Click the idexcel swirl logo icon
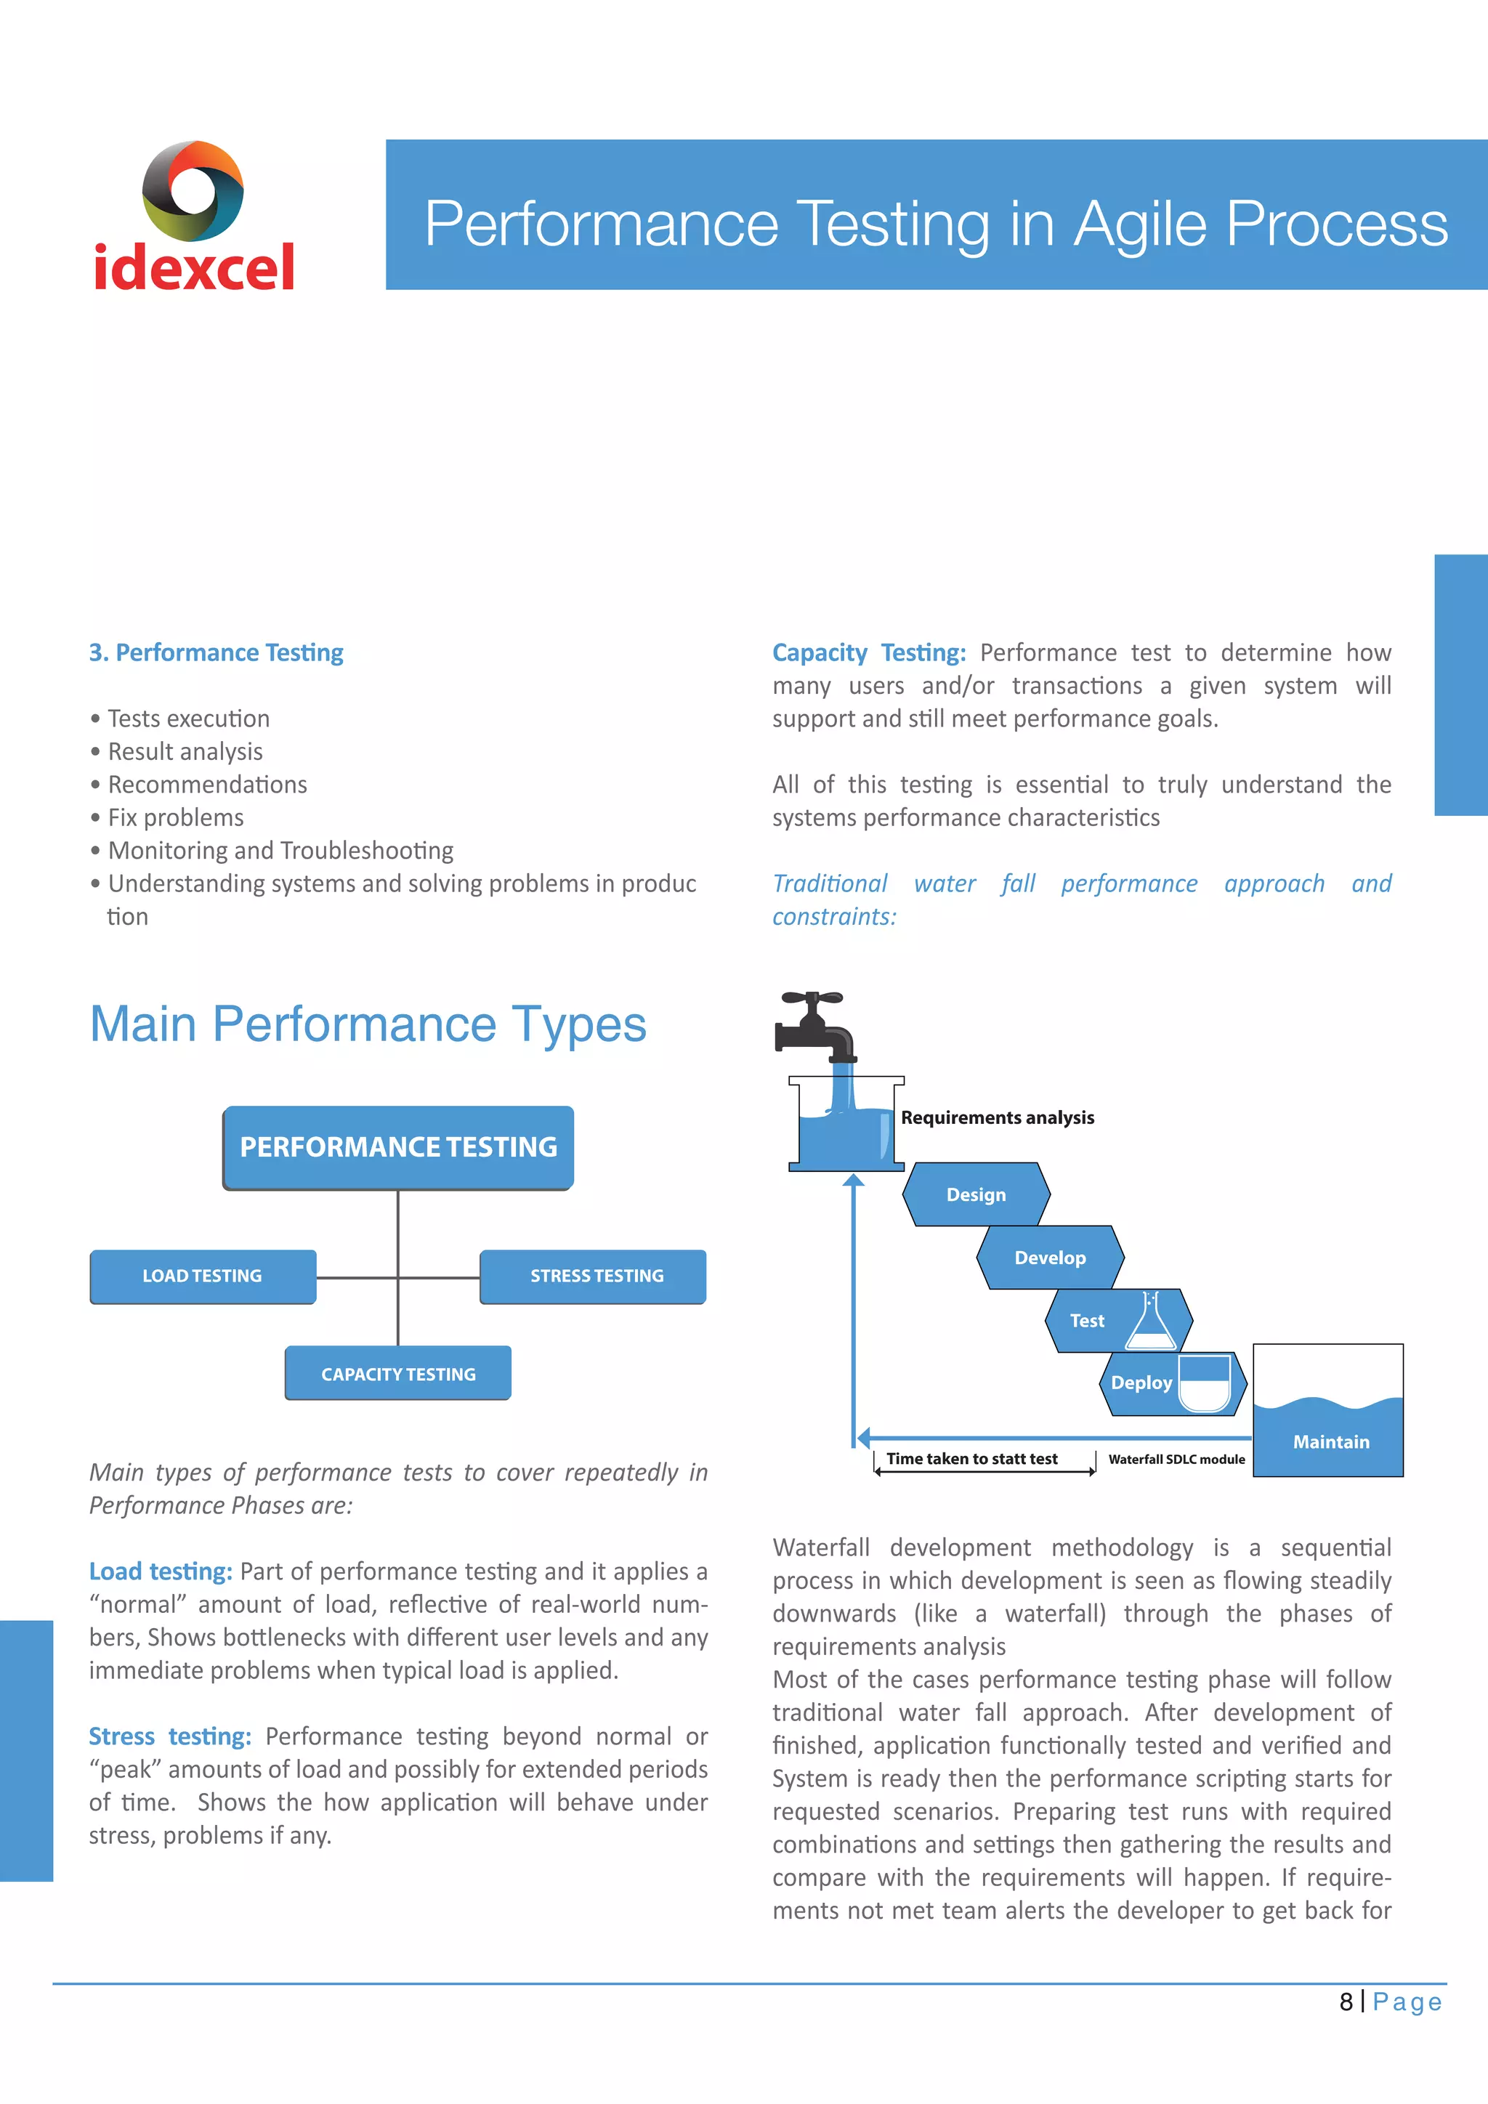point(193,190)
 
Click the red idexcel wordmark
point(194,267)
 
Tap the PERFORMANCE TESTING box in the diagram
point(399,1147)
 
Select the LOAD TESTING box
point(203,1276)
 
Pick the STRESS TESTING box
point(594,1276)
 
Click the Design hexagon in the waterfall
point(976,1194)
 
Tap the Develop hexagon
point(1050,1258)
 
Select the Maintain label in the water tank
point(1330,1441)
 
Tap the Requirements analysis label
point(997,1117)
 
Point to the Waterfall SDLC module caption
point(1176,1459)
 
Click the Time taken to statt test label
point(971,1458)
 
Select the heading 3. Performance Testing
point(217,652)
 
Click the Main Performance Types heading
point(368,1024)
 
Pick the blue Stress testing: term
point(169,1736)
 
